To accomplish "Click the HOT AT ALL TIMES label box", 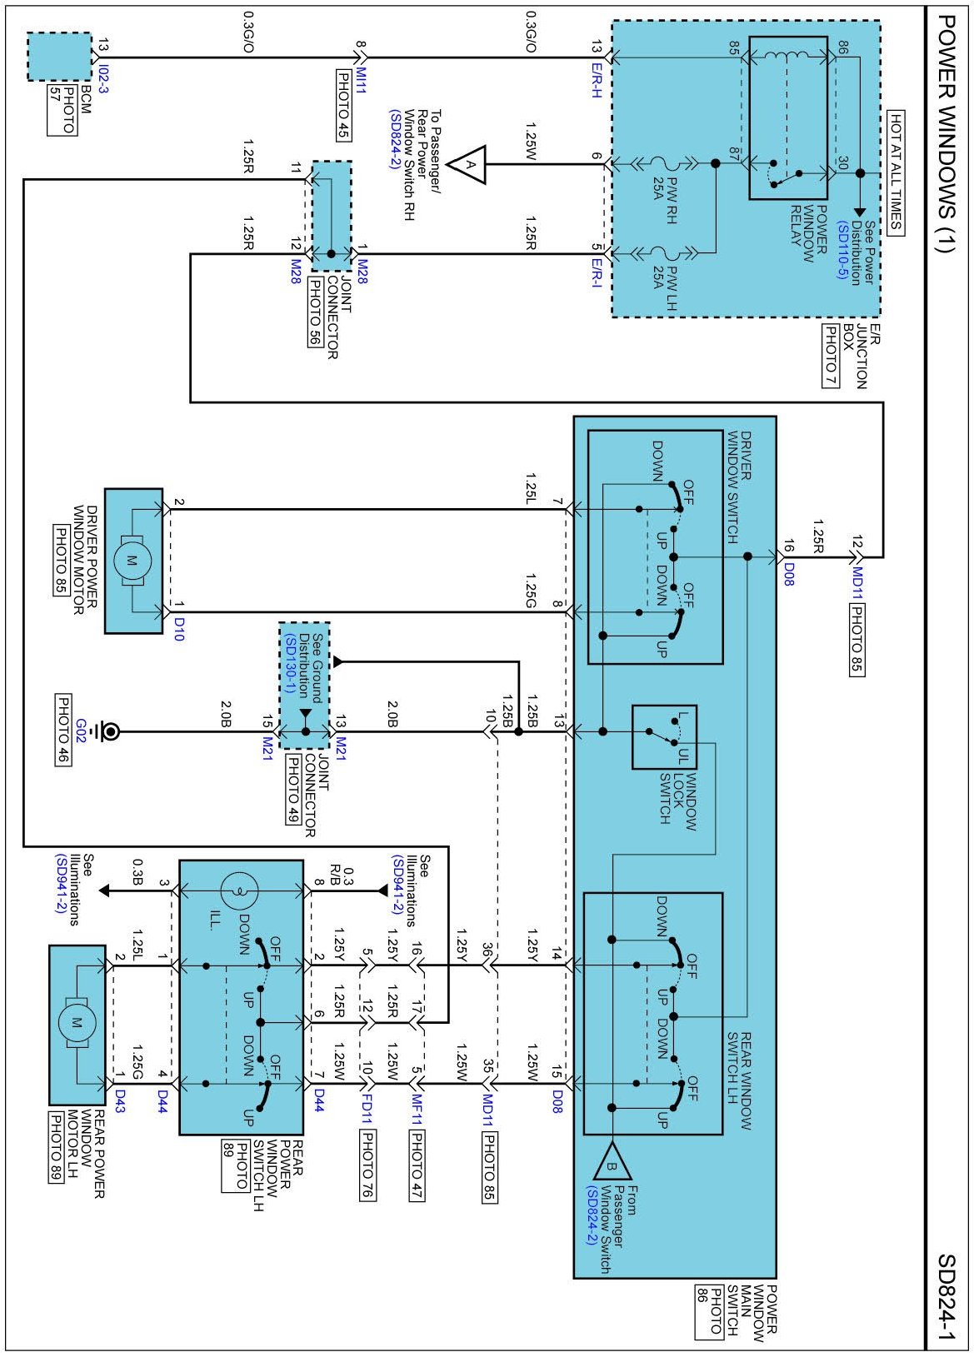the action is click(895, 172).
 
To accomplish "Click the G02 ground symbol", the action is click(110, 731).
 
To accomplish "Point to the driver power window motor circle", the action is click(132, 561).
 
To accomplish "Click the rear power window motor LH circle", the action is click(77, 1023).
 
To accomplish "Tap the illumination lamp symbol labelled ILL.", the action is click(239, 891).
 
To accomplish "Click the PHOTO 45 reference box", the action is click(343, 106).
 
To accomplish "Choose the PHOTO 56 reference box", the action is click(315, 312).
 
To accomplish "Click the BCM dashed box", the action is click(59, 57).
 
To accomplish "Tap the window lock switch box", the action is click(664, 736).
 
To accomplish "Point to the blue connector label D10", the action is click(178, 629).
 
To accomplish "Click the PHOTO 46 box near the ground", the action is click(63, 730).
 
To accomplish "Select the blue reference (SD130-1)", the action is click(289, 664).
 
